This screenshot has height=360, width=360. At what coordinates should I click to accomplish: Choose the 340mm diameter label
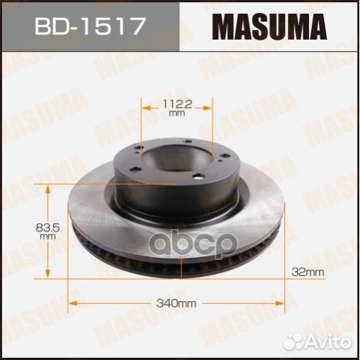click(181, 303)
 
